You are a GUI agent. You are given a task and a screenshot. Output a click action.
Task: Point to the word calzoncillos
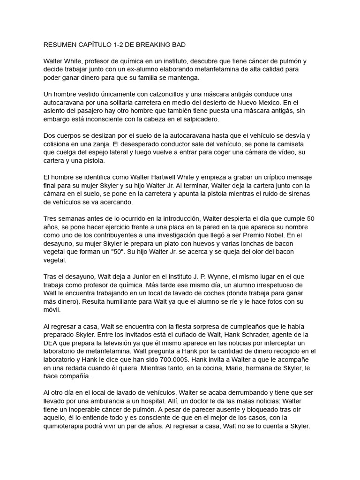coord(149,94)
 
